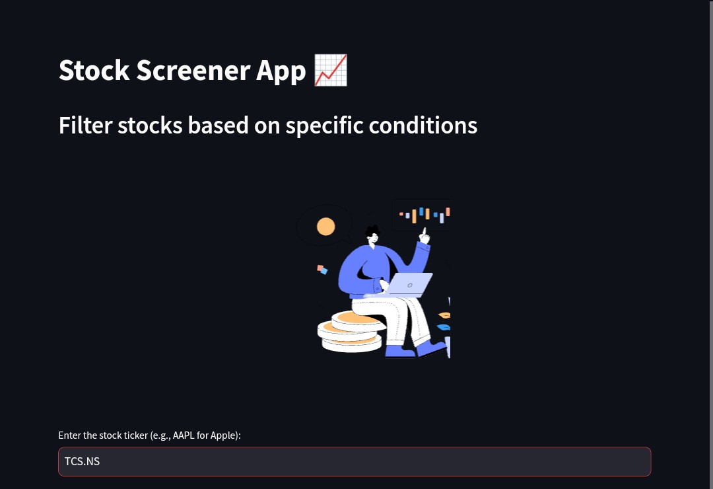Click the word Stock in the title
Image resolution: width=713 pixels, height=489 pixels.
click(x=94, y=71)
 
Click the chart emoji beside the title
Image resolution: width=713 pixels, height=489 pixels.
click(x=331, y=70)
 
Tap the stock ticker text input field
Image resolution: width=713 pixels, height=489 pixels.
click(x=355, y=461)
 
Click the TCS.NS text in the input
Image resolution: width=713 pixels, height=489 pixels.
click(x=82, y=461)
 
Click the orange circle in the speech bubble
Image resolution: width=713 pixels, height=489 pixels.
click(x=325, y=227)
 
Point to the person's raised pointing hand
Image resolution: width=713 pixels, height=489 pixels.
click(x=424, y=235)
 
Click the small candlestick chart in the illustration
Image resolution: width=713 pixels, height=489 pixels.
click(x=424, y=214)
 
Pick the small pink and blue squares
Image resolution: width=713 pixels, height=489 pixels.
click(x=322, y=269)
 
